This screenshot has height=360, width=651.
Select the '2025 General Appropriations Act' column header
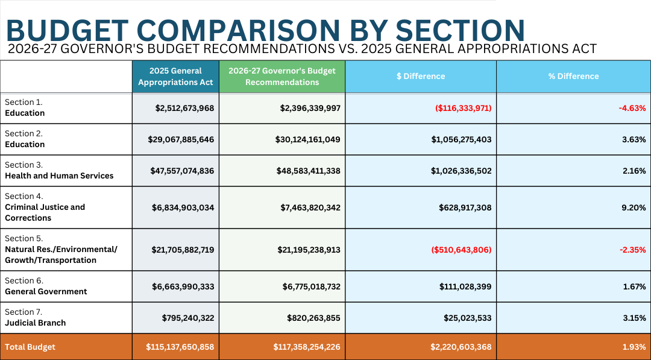point(175,77)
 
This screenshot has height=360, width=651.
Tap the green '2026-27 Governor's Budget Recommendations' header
point(282,77)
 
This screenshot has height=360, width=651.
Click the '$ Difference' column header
point(421,77)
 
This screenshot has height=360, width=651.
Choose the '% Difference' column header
point(573,77)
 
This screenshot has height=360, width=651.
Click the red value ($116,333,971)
point(463,108)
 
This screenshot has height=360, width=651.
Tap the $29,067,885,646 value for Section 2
point(181,139)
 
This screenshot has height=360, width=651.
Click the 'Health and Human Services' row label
point(59,176)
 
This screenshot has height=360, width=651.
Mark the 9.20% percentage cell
point(634,207)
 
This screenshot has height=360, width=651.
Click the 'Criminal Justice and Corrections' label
point(45,212)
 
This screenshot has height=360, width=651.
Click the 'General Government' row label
point(46,292)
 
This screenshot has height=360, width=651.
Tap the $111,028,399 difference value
point(461,286)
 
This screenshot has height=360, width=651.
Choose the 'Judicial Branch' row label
point(35,323)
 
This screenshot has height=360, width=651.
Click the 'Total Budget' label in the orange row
point(30,347)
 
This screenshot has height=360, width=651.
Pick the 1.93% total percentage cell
point(634,347)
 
